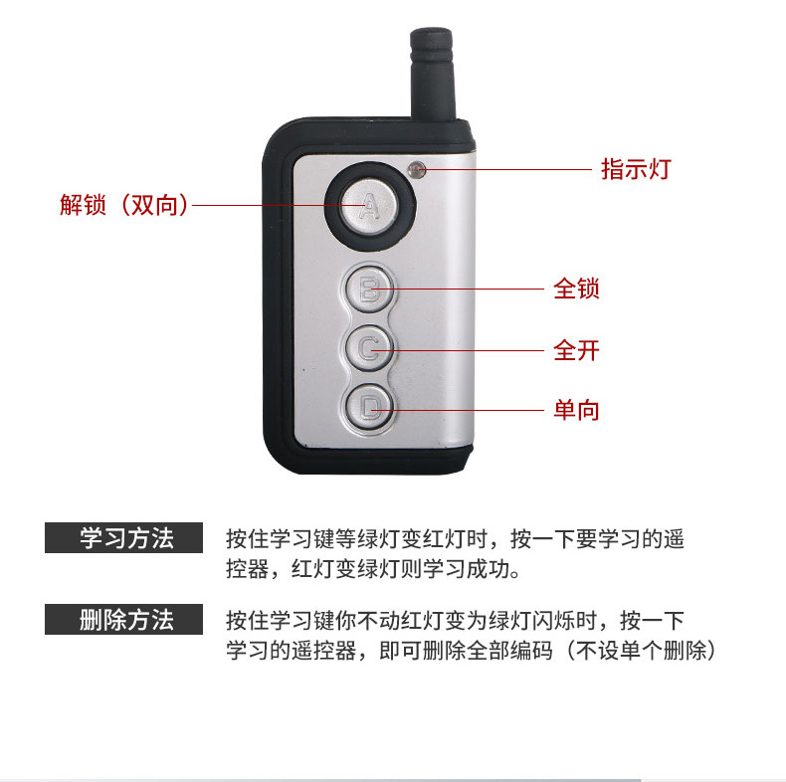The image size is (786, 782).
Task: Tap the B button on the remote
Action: point(370,290)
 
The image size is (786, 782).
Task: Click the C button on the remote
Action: point(370,348)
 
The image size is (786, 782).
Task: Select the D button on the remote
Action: point(370,407)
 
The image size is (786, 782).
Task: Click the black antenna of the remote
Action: point(433,74)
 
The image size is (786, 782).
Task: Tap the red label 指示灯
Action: point(636,169)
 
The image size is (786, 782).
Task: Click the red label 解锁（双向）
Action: point(124,205)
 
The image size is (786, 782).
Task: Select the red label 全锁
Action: point(576,289)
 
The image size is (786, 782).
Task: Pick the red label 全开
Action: point(576,350)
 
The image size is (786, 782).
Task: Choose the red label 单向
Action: point(576,410)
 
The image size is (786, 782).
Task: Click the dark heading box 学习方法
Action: point(123,538)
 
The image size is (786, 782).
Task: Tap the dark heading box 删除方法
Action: point(123,620)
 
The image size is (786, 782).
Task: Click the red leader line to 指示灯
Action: point(506,169)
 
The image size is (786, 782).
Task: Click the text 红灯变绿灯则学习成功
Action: point(406,569)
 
